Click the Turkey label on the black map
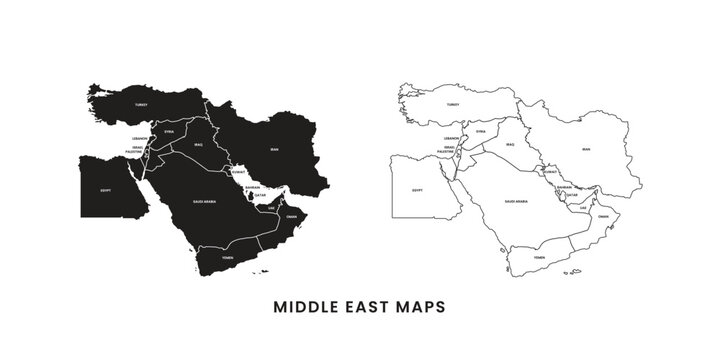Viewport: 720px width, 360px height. pos(142,104)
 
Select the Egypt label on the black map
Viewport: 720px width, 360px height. pos(105,189)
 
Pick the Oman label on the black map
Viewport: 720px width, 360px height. pos(291,216)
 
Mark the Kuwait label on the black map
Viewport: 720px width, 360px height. pos(238,171)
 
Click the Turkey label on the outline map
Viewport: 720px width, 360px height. pos(453,104)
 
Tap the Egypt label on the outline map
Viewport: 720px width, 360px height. pos(417,189)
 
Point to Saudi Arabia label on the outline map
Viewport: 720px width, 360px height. pos(516,201)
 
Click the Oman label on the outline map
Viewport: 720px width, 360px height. pos(603,216)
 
